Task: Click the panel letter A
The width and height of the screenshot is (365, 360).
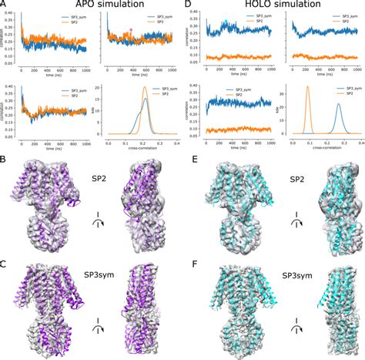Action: [x=5, y=7]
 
